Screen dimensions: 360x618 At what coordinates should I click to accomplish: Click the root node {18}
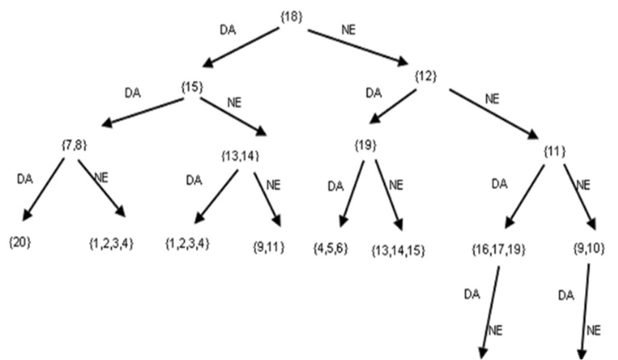point(291,17)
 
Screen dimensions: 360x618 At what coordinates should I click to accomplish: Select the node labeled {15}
point(192,87)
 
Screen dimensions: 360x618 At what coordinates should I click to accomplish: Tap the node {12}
point(426,76)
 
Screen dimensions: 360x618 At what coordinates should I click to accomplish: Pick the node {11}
point(554,151)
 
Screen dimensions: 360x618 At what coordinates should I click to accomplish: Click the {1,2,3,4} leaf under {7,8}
point(111,243)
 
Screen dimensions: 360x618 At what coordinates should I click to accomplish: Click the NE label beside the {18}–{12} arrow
point(348,28)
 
